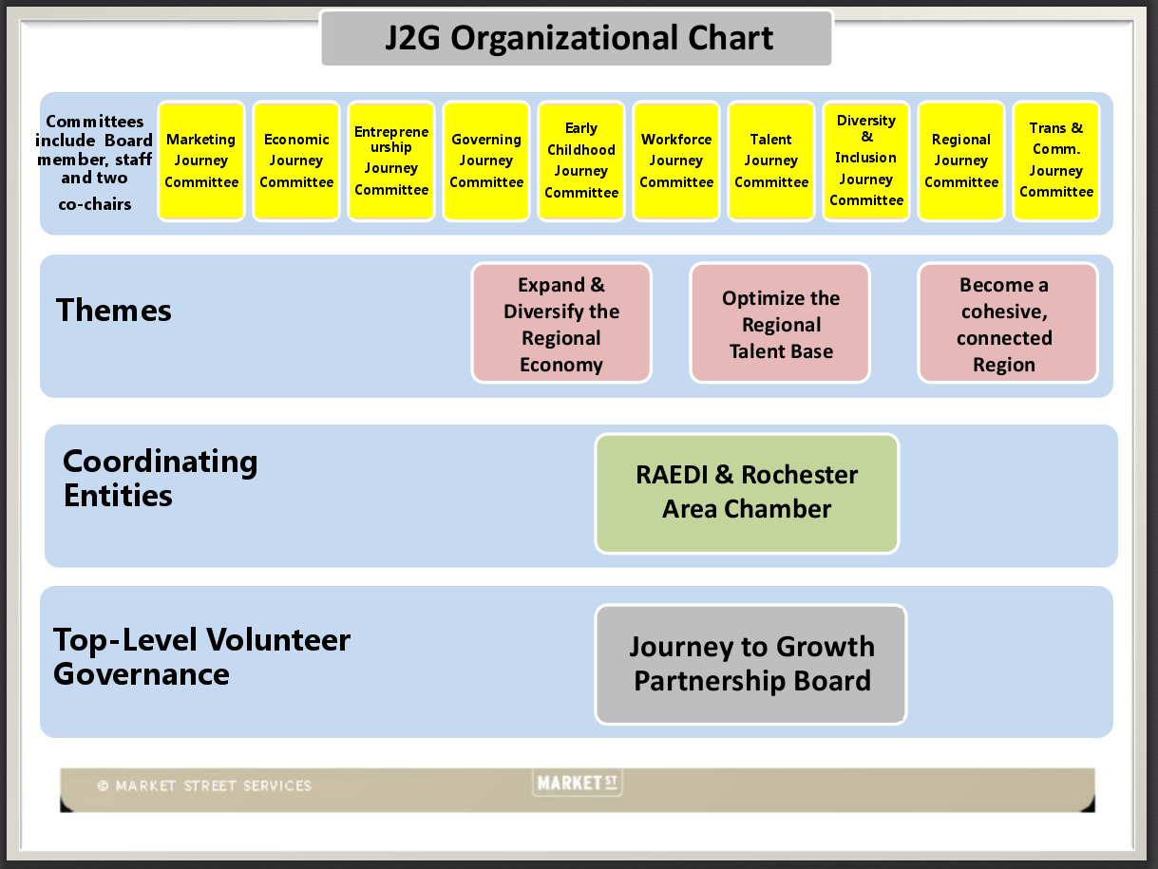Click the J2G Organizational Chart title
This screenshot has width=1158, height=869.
(x=577, y=38)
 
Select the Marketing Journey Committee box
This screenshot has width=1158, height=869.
(x=201, y=161)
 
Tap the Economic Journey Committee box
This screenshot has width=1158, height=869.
(x=296, y=161)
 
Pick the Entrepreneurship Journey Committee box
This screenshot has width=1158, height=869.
(x=391, y=161)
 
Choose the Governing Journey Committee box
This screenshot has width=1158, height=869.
(x=486, y=161)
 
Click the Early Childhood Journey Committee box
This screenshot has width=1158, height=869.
(x=581, y=161)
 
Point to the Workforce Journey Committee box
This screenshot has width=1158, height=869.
(x=676, y=161)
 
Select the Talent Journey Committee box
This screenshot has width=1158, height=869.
(x=771, y=161)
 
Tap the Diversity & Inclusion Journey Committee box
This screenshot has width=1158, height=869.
(x=866, y=161)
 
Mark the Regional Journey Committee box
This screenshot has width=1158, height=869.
(x=961, y=161)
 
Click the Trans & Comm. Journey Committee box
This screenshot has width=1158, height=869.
(x=1056, y=161)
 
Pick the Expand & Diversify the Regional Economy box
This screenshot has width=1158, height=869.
(x=561, y=324)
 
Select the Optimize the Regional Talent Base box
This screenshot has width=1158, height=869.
(x=780, y=324)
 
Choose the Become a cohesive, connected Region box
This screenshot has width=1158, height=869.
(x=1007, y=324)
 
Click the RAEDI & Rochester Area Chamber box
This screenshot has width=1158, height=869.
(x=747, y=493)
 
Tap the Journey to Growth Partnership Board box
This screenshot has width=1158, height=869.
(x=751, y=664)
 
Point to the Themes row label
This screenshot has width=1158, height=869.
(x=114, y=311)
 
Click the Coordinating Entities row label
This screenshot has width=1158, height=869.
(x=160, y=478)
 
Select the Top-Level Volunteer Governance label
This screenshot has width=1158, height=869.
(x=201, y=656)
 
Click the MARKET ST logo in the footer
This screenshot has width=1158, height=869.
(x=578, y=784)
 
